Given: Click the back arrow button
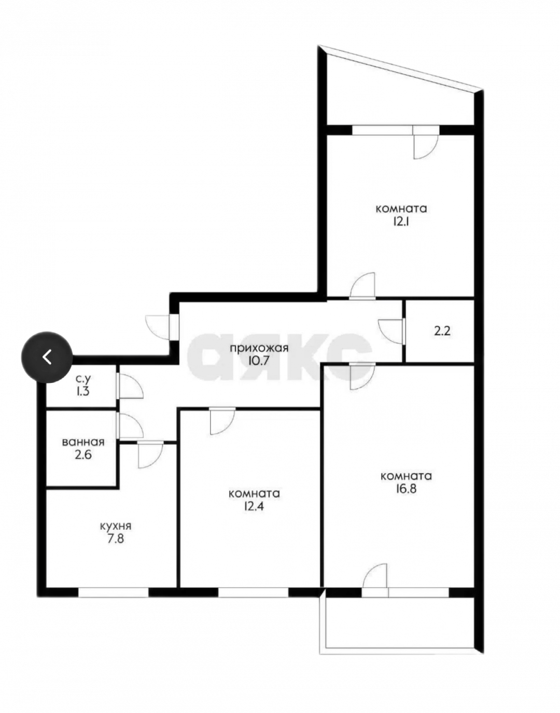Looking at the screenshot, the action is pos(47,357).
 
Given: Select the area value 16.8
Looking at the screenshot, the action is pos(405,489).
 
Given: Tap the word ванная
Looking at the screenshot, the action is pos(83,443).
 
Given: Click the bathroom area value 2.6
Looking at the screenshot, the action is pos(83,455).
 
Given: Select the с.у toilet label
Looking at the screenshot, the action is pos(83,379).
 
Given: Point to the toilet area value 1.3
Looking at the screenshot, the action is pos(83,392).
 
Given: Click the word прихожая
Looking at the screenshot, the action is pos(259,348).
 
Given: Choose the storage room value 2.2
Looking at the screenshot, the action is pos(442,331).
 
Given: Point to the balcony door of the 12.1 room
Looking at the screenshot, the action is pos(426,142).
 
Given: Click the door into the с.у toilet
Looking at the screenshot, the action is pos(130,386).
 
